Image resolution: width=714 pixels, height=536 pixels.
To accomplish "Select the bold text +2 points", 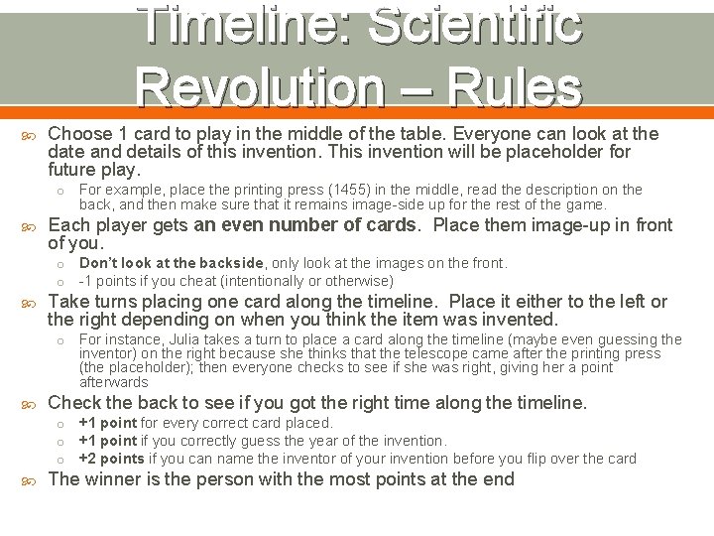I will pyautogui.click(x=111, y=458).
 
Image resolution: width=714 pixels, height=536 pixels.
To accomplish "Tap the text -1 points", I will pyautogui.click(x=106, y=280).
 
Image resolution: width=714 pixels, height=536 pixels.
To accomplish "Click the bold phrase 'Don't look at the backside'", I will pyautogui.click(x=172, y=263).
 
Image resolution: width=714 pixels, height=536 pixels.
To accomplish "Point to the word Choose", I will pyautogui.click(x=76, y=133).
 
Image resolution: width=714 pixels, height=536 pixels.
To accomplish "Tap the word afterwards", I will pyautogui.click(x=114, y=382).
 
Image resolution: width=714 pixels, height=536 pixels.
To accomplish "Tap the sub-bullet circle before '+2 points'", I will pyautogui.click(x=59, y=459).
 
